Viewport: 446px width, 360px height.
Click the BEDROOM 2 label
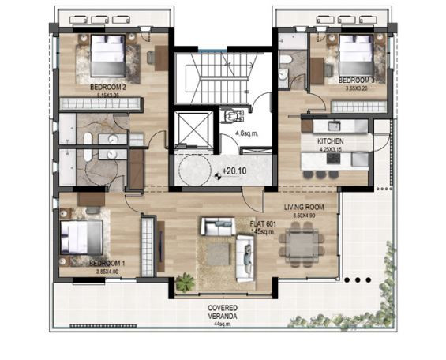coord(109,87)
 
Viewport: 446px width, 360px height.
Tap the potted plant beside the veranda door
coord(186,281)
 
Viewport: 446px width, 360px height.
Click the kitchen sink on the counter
coord(332,126)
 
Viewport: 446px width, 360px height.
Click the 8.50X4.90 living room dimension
coord(300,216)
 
